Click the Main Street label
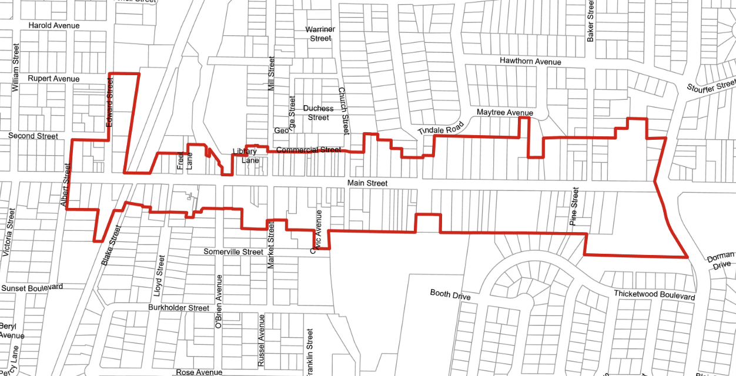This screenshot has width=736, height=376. click(367, 183)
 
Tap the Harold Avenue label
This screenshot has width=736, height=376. click(54, 26)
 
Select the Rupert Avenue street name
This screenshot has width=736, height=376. click(53, 79)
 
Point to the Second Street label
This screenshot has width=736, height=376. click(33, 136)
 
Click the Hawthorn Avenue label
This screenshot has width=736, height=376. click(530, 61)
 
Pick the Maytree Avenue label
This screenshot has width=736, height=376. click(504, 113)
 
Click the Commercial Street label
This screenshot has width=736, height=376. click(308, 150)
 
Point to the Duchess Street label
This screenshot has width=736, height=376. click(318, 113)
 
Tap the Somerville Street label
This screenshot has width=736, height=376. click(233, 252)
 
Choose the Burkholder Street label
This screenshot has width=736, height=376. click(179, 308)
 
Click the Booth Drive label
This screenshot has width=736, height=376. click(450, 294)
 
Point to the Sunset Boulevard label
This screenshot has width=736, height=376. click(32, 287)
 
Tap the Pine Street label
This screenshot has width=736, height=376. click(574, 207)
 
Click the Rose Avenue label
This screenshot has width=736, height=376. click(199, 372)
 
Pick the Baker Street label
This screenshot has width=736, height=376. click(591, 21)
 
